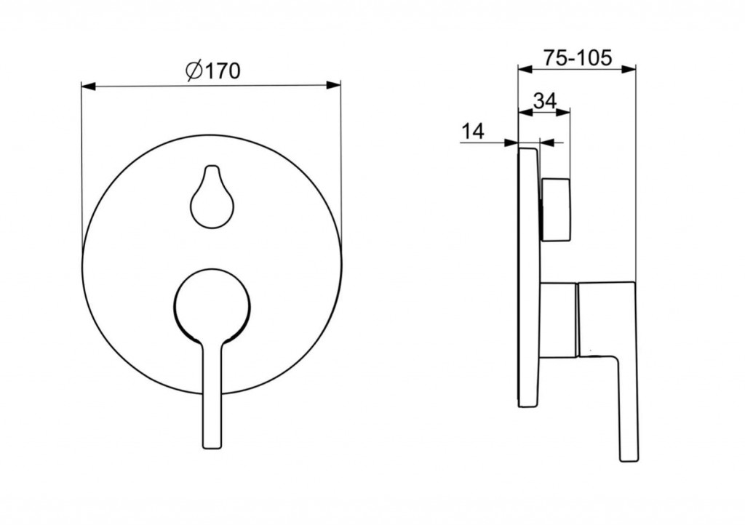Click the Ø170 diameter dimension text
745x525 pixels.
(x=213, y=71)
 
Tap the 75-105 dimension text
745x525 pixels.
(x=577, y=58)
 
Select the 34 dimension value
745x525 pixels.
(x=544, y=100)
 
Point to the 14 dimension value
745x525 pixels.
(x=473, y=131)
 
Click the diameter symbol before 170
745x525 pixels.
(x=194, y=71)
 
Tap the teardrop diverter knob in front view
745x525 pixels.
(x=212, y=196)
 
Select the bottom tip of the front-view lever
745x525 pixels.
(x=212, y=448)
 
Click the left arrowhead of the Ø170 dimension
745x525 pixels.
(x=89, y=86)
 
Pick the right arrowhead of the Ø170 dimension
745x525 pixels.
(x=333, y=85)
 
